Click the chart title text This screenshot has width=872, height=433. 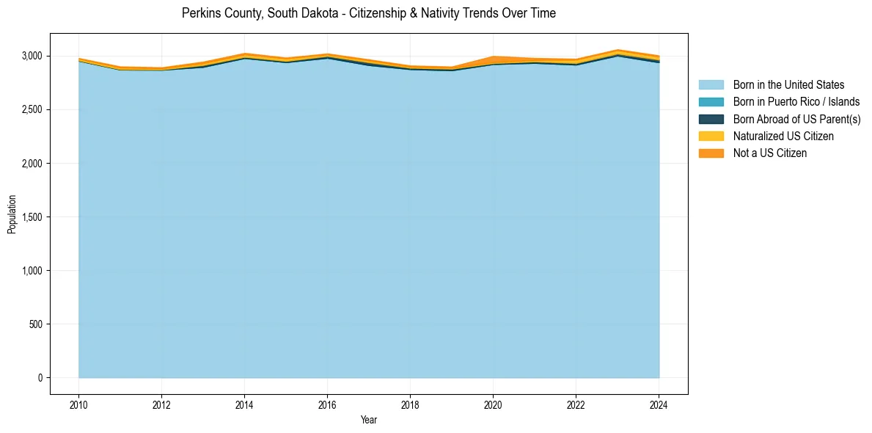(369, 13)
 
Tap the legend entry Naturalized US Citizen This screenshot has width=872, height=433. (783, 136)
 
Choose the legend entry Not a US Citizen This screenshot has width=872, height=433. (770, 153)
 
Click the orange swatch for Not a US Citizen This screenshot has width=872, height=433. (711, 153)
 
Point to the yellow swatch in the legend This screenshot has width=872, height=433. (711, 136)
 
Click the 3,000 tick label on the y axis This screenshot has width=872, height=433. (32, 56)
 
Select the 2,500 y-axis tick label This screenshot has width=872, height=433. (32, 109)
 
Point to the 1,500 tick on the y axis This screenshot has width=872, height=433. (32, 217)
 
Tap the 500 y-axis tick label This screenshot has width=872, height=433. (36, 324)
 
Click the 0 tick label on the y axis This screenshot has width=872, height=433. (40, 378)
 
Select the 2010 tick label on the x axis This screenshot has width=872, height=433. (78, 404)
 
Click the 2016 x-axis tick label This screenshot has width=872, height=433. (327, 404)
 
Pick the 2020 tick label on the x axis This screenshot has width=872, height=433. (493, 404)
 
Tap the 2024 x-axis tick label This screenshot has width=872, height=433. (659, 404)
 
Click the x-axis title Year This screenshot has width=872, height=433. (369, 420)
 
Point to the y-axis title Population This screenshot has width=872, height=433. (12, 214)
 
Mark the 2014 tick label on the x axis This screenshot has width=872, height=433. (244, 404)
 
